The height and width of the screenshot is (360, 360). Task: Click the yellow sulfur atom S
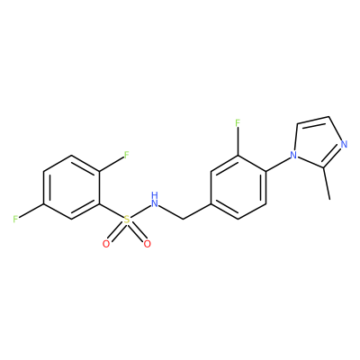(x=127, y=220)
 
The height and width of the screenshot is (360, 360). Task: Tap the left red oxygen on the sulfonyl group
(x=106, y=244)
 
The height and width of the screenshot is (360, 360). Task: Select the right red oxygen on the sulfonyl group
(x=147, y=244)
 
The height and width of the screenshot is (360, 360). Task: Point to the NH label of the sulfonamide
(x=155, y=200)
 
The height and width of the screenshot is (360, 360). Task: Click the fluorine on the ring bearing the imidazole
(x=238, y=123)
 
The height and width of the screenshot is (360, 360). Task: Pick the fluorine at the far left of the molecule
(x=15, y=220)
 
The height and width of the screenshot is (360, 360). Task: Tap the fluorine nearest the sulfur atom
(x=126, y=155)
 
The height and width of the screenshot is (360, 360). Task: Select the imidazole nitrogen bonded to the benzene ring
(x=293, y=156)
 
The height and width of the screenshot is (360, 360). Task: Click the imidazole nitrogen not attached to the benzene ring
(x=344, y=145)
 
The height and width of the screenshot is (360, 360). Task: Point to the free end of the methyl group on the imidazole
(x=329, y=199)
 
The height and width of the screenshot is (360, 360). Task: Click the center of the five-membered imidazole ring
(x=318, y=145)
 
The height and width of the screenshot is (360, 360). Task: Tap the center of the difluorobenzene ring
(x=72, y=187)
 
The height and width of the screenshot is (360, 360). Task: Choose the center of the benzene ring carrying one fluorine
(x=238, y=187)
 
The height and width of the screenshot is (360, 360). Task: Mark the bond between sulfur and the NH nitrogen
(x=140, y=212)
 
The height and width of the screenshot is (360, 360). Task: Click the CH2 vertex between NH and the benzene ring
(x=182, y=220)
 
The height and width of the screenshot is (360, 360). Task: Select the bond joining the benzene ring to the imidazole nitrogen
(x=277, y=165)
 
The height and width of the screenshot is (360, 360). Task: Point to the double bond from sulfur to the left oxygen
(x=116, y=232)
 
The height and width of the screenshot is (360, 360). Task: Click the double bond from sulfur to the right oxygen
(x=137, y=232)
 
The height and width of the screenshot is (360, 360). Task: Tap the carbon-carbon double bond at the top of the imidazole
(x=312, y=121)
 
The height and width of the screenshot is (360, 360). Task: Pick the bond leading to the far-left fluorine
(x=31, y=211)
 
